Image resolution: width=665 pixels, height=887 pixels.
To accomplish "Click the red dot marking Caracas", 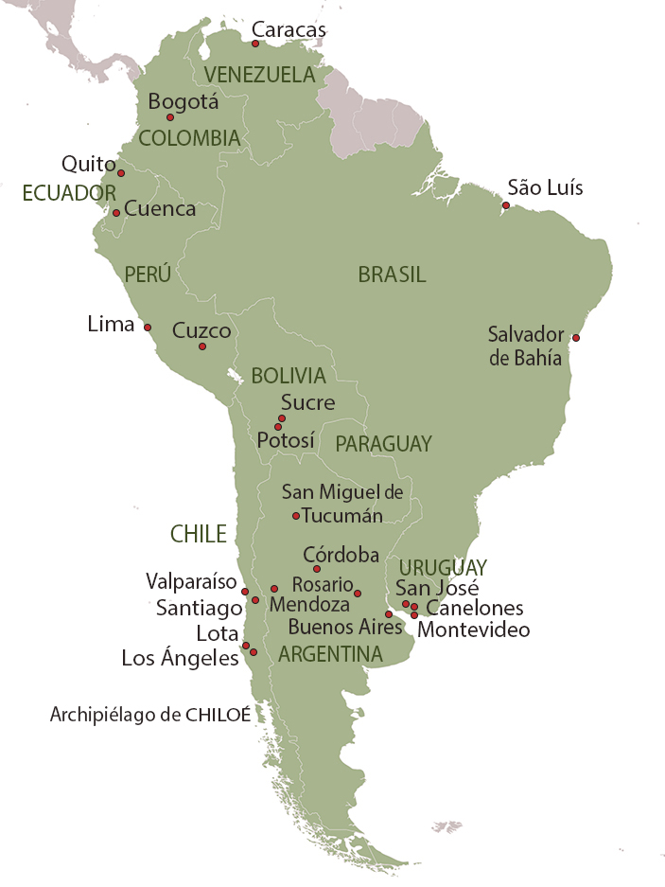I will pos(255,44).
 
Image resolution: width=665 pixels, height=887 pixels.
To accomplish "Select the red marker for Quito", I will pos(121,173).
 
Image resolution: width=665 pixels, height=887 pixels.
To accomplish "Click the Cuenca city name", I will pos(160,209).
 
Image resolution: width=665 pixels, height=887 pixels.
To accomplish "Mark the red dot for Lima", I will pos(148,328).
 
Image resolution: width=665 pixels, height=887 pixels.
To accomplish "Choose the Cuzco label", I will pos(201,330).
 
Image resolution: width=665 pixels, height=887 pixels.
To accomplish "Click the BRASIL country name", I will pos(392,275).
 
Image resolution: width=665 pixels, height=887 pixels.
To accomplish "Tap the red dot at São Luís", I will pos(506,205).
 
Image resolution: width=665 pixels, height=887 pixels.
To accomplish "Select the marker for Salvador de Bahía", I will pos(576,337).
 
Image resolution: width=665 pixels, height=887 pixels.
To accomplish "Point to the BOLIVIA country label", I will pos(288,376).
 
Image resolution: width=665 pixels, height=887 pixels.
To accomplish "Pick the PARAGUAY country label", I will pos(383,443).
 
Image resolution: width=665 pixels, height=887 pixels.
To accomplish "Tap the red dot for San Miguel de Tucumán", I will pos(296,516).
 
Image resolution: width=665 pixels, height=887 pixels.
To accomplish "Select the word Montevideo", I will pos(473,630).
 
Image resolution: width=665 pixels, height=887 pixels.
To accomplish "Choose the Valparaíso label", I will pos(190,580).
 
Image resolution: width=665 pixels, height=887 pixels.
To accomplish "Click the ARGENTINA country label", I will pos(330,654).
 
